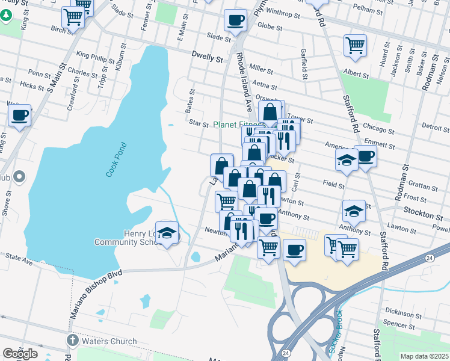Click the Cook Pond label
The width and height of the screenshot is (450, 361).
(x=116, y=159)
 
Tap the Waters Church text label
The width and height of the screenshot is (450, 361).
(x=109, y=341)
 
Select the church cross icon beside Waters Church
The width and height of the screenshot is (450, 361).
(x=72, y=341)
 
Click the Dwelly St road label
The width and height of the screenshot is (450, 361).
(x=208, y=59)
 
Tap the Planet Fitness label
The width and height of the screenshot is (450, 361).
(x=238, y=125)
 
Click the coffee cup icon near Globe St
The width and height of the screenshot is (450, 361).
(x=235, y=20)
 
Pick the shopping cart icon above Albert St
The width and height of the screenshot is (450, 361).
(x=355, y=45)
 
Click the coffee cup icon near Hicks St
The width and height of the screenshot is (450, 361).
(x=20, y=114)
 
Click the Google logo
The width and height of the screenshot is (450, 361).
(x=20, y=354)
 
